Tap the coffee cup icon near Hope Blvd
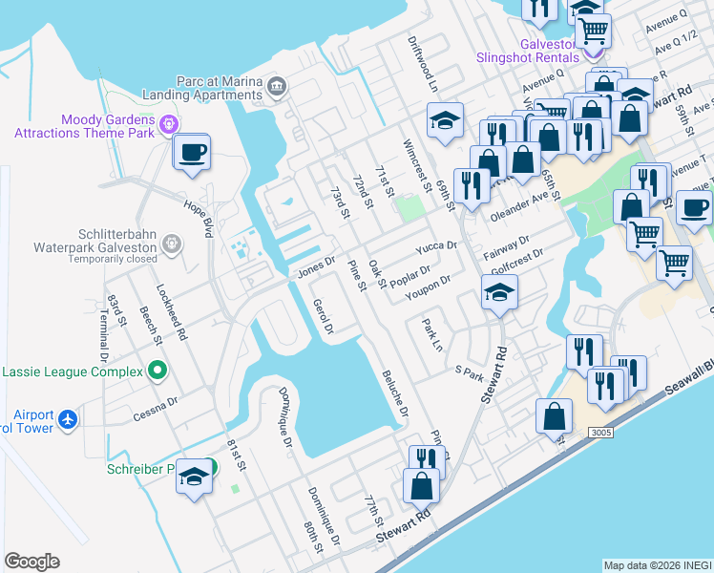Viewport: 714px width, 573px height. coord(192,152)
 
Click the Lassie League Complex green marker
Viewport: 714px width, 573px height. coord(157,371)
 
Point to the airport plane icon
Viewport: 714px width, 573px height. coord(67,417)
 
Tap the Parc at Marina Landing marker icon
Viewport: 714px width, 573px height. coord(277,86)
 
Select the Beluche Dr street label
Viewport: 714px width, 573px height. coord(395,394)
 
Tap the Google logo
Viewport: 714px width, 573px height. coord(31,562)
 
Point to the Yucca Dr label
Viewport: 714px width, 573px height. coord(436,248)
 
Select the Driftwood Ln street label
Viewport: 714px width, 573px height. coord(420,64)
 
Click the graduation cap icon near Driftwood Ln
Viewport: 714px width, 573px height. coord(445,120)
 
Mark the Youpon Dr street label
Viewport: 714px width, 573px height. coord(427,286)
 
